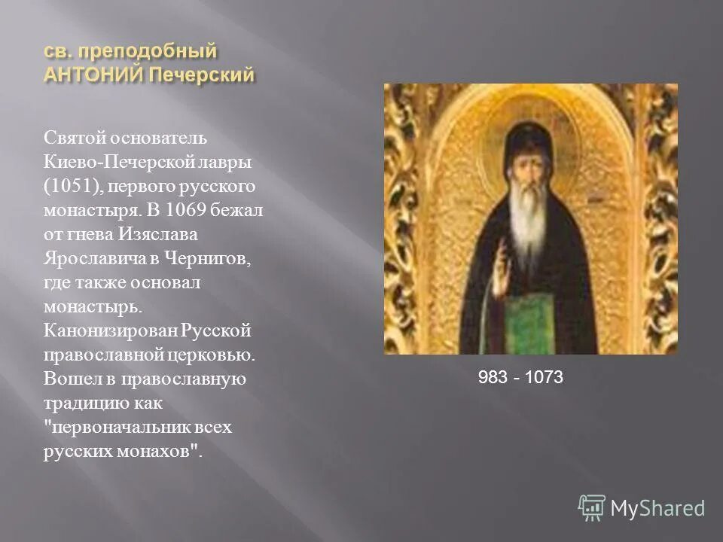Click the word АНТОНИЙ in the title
click(x=86, y=76)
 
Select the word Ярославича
click(x=90, y=257)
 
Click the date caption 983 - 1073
click(x=520, y=378)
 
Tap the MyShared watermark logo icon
click(x=591, y=507)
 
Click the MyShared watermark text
click(x=657, y=509)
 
